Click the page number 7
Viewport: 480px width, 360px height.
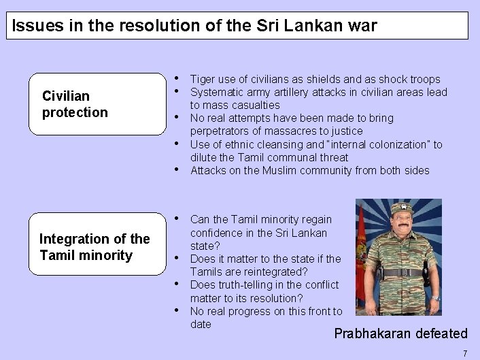[x=465, y=353]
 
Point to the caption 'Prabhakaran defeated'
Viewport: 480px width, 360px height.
[x=401, y=333]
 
